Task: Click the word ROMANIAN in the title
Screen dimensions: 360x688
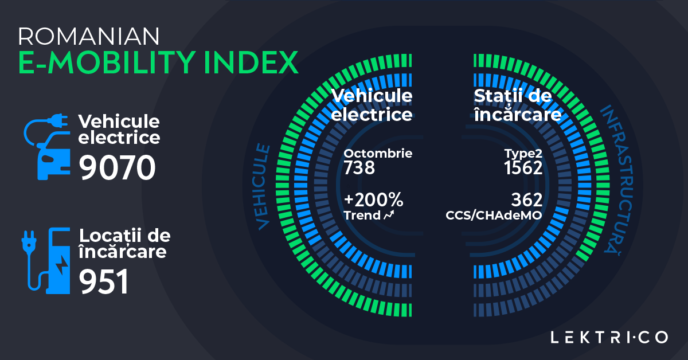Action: point(89,37)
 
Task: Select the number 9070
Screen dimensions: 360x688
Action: point(117,168)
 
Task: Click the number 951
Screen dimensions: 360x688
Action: point(103,282)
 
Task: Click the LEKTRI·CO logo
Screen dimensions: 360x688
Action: point(609,337)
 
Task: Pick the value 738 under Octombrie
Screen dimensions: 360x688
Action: point(359,168)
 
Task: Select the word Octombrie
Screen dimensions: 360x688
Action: point(378,154)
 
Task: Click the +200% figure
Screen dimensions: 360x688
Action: point(373,200)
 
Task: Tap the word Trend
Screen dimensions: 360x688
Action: point(362,216)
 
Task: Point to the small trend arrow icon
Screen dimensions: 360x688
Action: point(389,216)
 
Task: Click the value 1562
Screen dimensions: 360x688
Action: point(523,168)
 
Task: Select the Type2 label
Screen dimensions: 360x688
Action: point(523,154)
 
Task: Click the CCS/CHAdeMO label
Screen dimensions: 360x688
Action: point(494,216)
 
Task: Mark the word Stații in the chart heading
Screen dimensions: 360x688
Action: point(498,96)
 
